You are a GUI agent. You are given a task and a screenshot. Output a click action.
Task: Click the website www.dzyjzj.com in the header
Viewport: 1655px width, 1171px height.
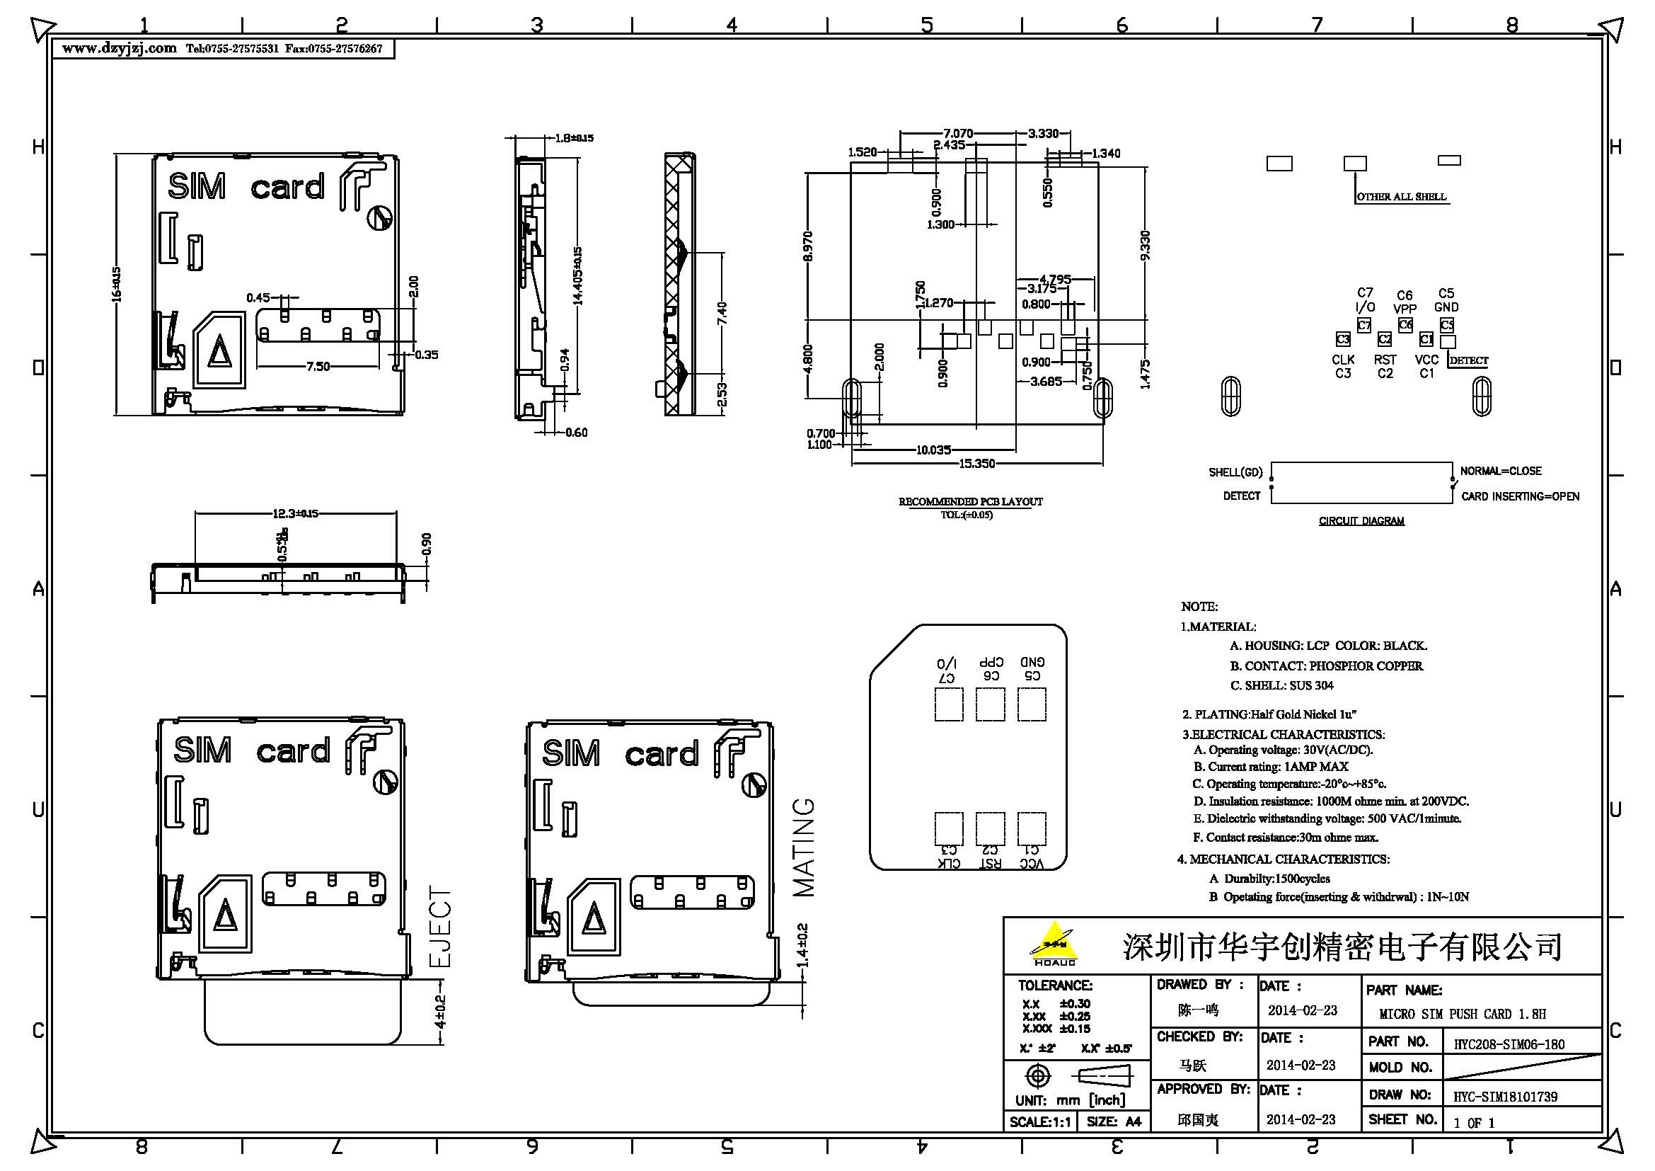pos(119,49)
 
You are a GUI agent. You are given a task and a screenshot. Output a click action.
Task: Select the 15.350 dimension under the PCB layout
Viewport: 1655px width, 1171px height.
pos(976,464)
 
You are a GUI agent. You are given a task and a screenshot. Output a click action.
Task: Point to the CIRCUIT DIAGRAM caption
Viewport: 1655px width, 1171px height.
pos(1361,520)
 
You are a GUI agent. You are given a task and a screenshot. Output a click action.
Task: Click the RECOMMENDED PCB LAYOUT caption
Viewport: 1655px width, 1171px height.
pos(970,501)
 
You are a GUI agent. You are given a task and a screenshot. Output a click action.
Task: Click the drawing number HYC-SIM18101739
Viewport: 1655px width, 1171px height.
pos(1505,1097)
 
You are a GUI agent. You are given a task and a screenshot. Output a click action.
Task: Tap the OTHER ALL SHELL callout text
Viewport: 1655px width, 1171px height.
pos(1401,196)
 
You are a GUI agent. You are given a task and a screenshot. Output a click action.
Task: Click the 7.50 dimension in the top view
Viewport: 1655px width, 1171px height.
pos(318,366)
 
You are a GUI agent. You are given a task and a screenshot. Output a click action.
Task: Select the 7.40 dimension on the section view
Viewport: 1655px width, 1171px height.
pos(722,313)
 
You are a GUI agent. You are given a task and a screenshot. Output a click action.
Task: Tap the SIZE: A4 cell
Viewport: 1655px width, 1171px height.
pos(1114,1122)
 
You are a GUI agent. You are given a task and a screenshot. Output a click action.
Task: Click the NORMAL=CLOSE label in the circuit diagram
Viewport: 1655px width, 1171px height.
pos(1500,471)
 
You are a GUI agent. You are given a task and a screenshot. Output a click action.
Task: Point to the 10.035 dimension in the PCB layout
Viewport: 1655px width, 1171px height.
pos(933,450)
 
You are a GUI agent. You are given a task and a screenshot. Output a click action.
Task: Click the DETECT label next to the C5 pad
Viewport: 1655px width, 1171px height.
pos(1468,360)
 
